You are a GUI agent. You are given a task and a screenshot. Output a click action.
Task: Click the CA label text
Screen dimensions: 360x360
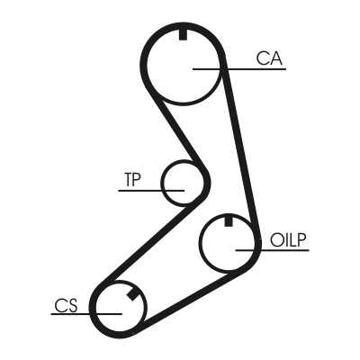tap(269, 58)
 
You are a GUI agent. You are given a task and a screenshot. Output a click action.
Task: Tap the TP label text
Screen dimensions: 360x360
tap(132, 179)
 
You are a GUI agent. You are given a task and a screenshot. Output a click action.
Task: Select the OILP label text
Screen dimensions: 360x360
tap(288, 240)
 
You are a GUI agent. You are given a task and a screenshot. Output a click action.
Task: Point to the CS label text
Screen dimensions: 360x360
tap(66, 305)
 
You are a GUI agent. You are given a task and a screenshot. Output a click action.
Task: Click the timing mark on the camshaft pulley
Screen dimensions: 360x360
tap(183, 35)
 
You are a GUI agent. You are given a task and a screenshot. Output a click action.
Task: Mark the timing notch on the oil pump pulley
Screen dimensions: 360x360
tap(229, 220)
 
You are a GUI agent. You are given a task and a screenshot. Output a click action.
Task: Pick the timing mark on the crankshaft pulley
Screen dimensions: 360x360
tap(132, 294)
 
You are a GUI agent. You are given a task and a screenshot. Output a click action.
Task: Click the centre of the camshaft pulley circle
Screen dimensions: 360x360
tap(183, 65)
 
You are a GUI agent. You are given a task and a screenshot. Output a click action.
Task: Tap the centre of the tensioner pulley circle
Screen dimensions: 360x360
tap(183, 183)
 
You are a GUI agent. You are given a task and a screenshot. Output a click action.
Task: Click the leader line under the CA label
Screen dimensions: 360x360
tap(239, 69)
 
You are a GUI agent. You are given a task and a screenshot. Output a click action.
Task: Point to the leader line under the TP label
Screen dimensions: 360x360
tap(151, 191)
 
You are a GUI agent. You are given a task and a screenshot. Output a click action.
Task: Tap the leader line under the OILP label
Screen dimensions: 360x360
tap(273, 250)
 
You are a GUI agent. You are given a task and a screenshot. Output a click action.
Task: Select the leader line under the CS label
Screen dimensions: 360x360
tap(86, 314)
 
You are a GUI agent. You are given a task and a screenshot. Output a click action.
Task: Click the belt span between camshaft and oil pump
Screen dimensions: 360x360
tap(239, 144)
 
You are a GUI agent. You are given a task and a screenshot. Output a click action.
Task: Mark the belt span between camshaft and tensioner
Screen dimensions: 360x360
tap(180, 132)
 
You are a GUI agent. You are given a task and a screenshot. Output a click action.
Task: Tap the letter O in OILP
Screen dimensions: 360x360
tap(275, 240)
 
